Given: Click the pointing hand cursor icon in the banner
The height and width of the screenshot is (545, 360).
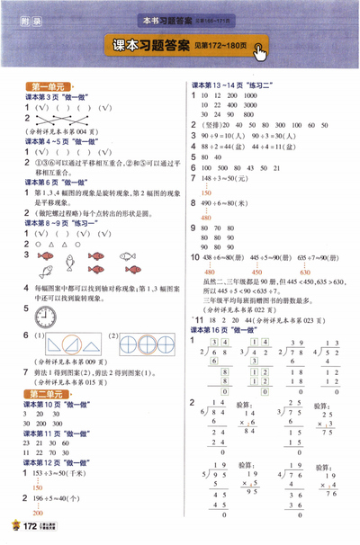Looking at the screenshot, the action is tap(260, 52).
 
